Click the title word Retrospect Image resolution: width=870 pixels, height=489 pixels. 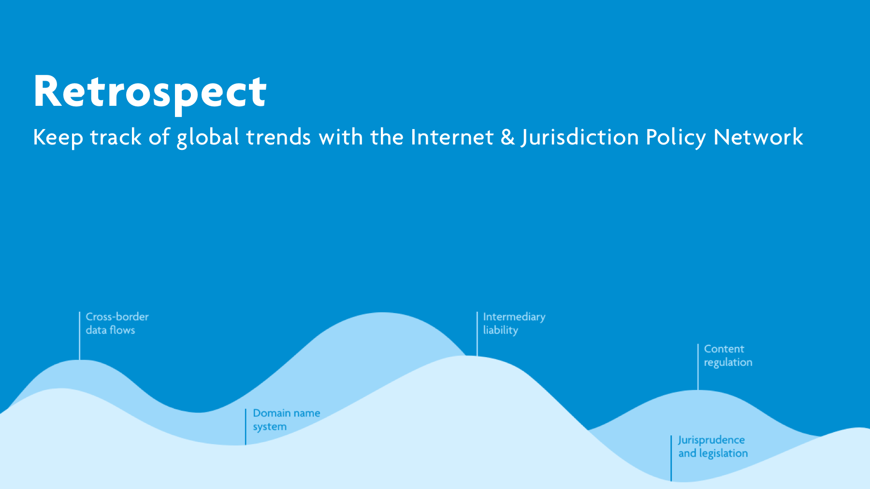pos(150,93)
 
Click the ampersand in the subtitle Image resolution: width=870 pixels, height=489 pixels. pos(507,137)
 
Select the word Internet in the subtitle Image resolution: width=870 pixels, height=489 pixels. pos(452,137)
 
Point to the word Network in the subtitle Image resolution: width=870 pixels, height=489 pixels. pos(758,137)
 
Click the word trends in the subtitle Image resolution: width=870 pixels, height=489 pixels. pos(278,137)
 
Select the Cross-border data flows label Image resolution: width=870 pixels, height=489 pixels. pos(117,323)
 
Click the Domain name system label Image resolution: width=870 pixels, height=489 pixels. pos(286,420)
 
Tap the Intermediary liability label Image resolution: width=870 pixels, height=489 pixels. pos(514,323)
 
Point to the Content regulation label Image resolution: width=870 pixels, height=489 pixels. pos(728,356)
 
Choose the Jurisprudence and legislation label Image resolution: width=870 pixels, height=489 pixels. pos(713,446)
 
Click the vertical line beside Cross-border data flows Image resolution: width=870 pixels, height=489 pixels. pos(80,336)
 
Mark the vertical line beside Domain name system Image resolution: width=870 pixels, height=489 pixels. pos(246,427)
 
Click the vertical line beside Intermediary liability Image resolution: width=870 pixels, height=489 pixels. pos(477,334)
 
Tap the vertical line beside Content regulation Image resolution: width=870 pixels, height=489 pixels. pos(698,367)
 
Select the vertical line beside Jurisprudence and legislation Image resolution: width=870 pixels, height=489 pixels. pos(671,458)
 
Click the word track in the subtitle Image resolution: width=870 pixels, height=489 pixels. pos(116,137)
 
